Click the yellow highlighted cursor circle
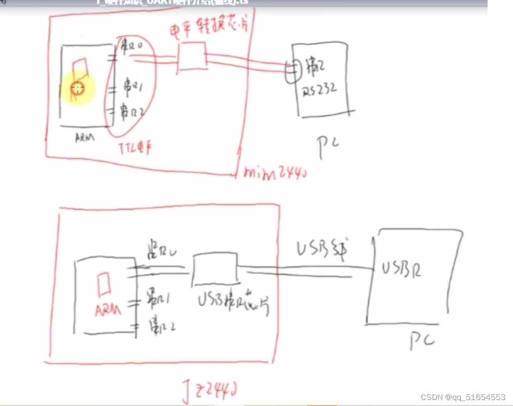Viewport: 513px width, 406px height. [77, 89]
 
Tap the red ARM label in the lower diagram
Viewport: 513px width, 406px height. [108, 310]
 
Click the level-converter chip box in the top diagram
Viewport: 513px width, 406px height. [192, 56]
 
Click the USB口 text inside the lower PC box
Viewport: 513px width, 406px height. [402, 269]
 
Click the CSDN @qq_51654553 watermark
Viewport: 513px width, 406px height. [463, 397]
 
